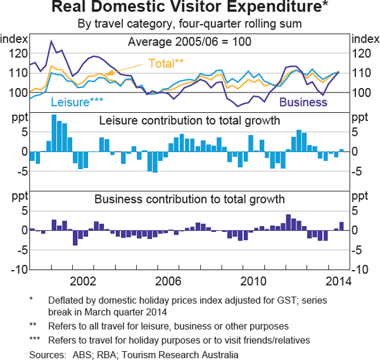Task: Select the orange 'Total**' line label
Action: coord(166,63)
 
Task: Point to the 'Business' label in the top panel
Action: coord(303,101)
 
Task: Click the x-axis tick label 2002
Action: coord(84,280)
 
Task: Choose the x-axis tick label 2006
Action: coord(168,280)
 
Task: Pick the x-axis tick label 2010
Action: coord(253,280)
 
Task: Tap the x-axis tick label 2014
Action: coord(338,280)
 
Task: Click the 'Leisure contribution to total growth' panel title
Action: coord(189,120)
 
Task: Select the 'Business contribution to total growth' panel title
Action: coord(189,199)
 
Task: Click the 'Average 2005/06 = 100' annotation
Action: coord(189,42)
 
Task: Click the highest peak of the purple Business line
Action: coord(51,41)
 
